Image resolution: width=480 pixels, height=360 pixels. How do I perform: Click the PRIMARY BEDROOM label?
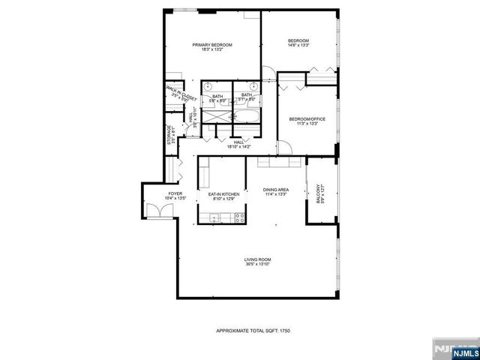(211, 46)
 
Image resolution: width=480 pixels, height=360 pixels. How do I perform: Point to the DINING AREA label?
(276, 190)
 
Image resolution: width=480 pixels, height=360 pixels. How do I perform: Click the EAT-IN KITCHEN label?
(223, 194)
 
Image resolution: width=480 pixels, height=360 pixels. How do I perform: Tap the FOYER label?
(154, 193)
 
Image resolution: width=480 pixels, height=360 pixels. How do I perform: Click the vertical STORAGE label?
(169, 135)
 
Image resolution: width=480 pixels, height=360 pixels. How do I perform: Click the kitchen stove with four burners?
(241, 218)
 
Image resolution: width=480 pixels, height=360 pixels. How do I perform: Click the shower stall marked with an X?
(216, 117)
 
